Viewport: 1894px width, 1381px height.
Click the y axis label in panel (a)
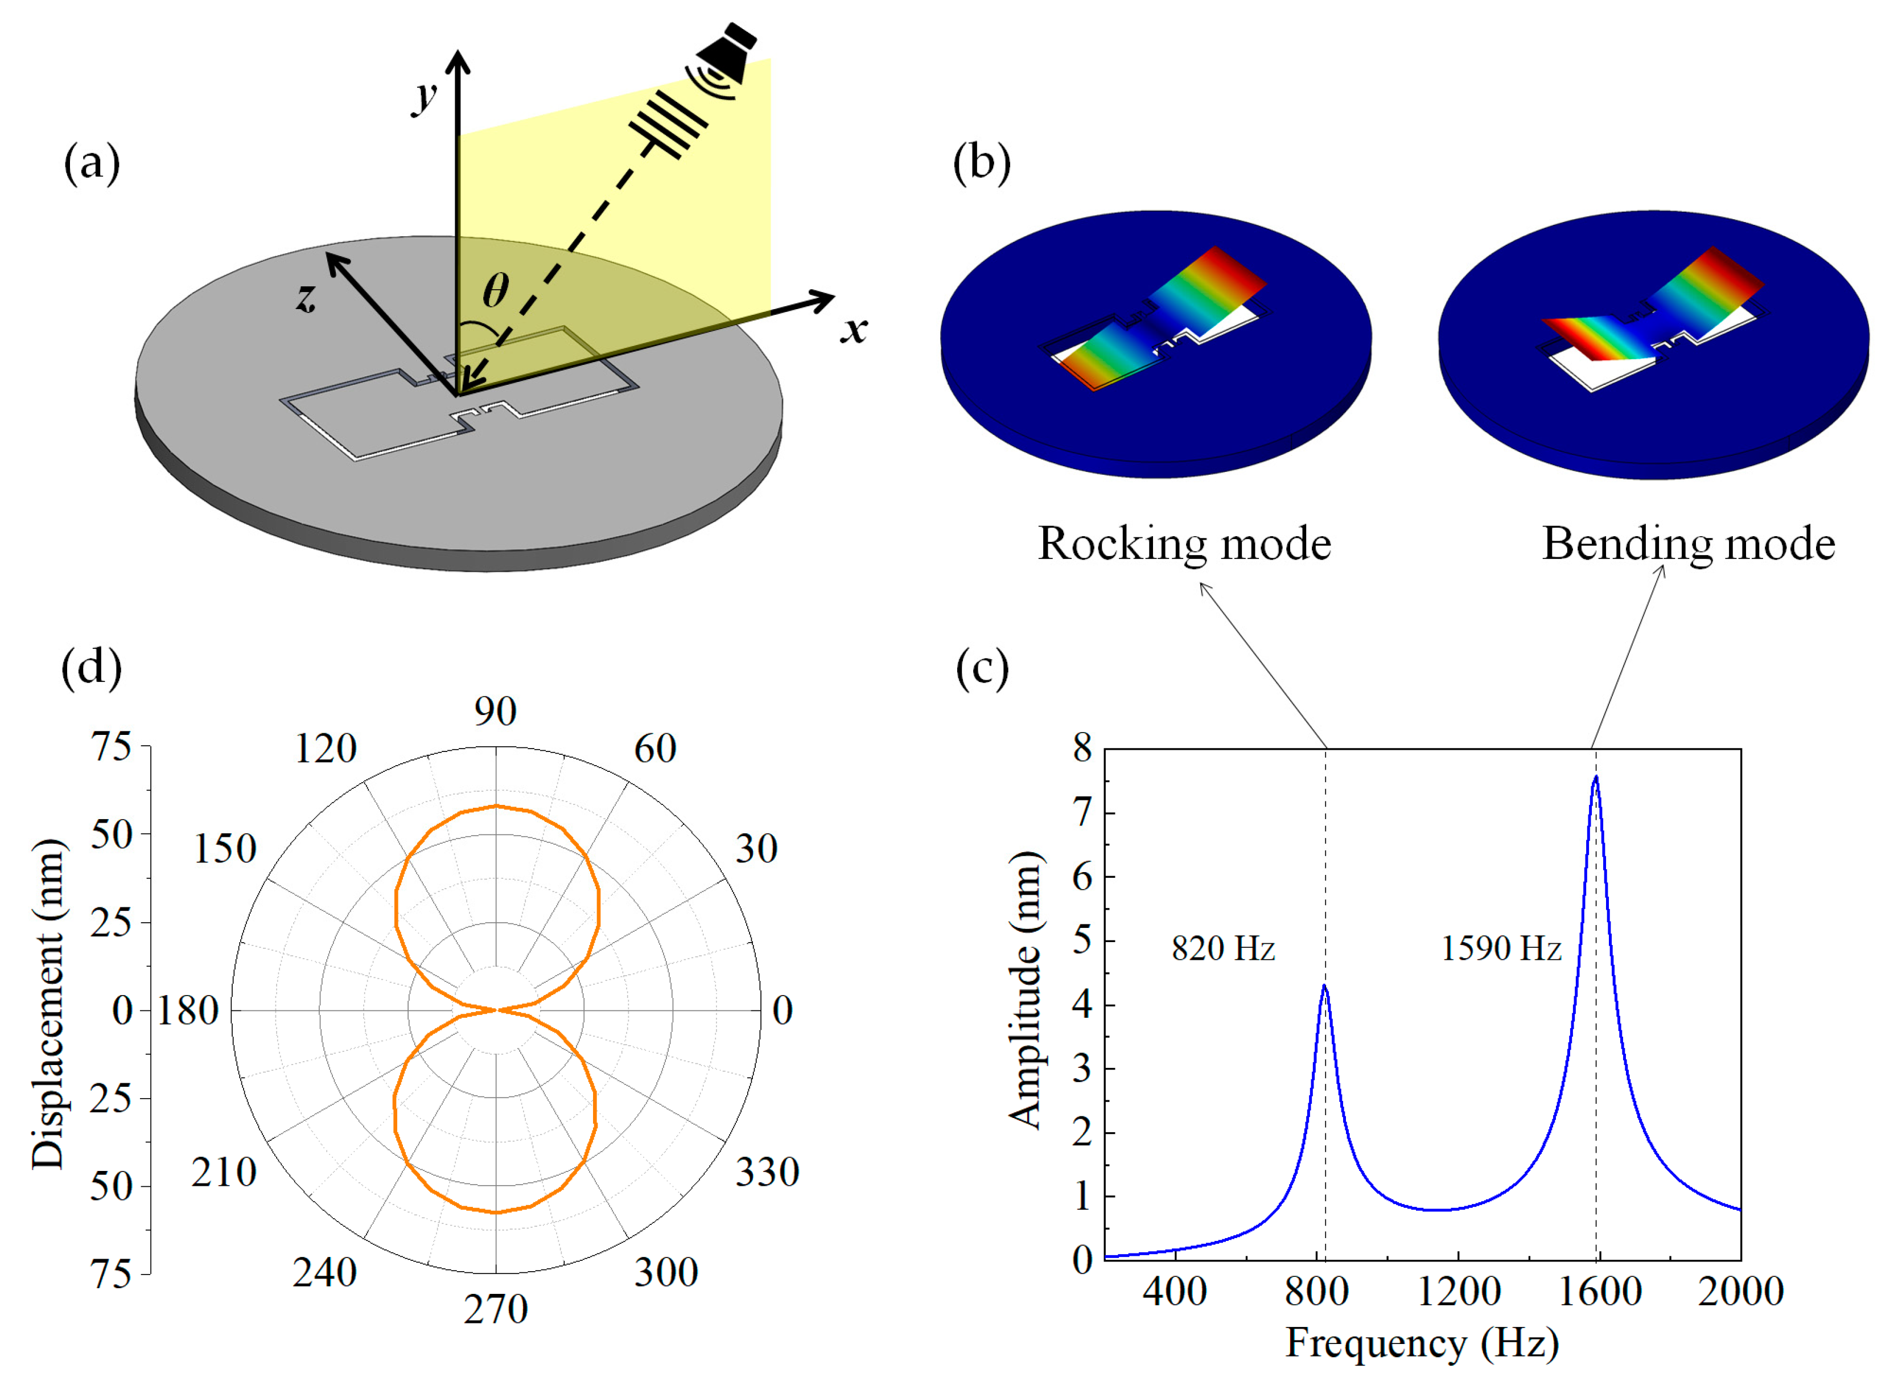426,96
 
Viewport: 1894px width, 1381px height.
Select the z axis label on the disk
307,297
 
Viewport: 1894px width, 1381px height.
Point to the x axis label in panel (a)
854,330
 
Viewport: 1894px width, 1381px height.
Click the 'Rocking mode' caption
1184,544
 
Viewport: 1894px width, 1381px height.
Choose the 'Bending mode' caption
1689,544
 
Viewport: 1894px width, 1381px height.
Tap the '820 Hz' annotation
1223,949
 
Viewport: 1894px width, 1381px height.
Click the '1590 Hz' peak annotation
1501,949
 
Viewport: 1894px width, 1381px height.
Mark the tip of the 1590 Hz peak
1596,778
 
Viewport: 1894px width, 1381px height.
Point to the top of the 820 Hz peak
1325,987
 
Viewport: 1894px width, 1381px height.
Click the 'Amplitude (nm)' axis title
1026,990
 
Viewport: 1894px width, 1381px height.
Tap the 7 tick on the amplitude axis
1083,812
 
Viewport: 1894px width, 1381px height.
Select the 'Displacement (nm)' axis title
48,1003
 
